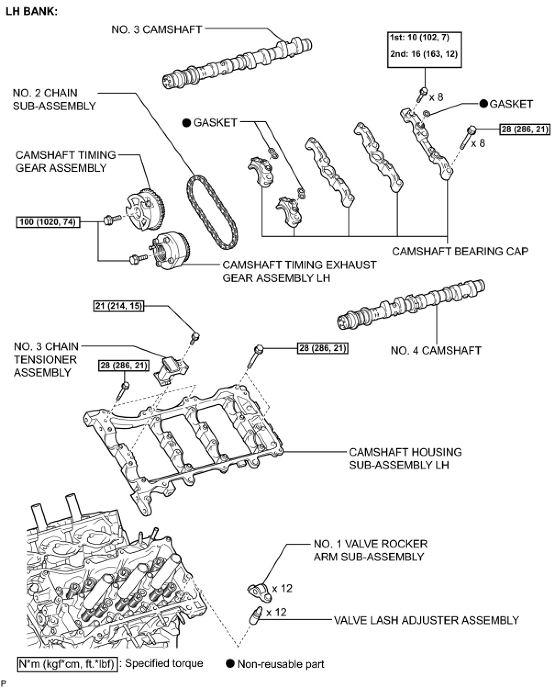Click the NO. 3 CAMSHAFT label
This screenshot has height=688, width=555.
[x=156, y=30]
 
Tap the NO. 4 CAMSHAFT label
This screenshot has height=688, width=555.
[x=435, y=350]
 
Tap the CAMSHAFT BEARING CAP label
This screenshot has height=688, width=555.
[x=460, y=251]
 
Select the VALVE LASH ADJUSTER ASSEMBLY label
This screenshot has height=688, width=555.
[x=426, y=620]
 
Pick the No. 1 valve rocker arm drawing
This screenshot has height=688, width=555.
[x=259, y=591]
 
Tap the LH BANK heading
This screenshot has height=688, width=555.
[x=32, y=12]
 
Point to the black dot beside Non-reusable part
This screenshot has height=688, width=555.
[x=230, y=663]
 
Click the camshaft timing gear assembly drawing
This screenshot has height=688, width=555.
[x=145, y=211]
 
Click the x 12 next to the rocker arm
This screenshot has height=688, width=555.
[x=282, y=588]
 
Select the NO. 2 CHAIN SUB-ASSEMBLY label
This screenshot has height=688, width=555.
[x=54, y=100]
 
